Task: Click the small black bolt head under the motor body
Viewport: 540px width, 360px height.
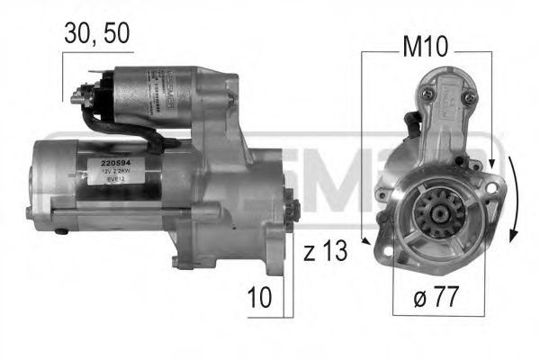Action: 60,231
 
